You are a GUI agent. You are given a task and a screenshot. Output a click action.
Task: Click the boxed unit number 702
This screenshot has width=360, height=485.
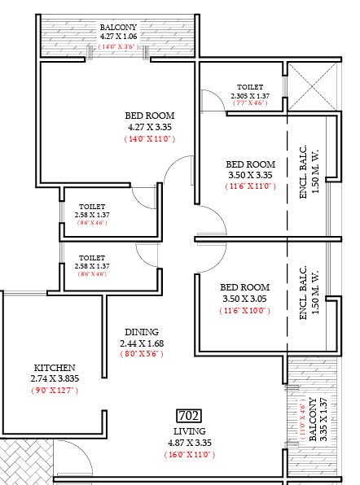click(189, 416)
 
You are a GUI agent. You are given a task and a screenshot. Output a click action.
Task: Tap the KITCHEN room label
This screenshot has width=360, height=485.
click(55, 368)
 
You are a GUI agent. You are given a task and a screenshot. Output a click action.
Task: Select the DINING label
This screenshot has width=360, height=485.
click(142, 332)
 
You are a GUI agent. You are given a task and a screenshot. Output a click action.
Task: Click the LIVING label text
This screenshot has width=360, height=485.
click(190, 431)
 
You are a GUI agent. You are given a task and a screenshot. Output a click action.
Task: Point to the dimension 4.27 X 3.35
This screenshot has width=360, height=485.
click(150, 127)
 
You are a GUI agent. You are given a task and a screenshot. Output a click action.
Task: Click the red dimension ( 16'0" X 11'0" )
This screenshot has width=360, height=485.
click(190, 455)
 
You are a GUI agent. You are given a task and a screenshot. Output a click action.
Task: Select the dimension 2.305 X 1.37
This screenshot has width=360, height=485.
click(250, 96)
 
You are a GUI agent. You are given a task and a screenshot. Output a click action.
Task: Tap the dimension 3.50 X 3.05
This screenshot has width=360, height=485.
click(244, 299)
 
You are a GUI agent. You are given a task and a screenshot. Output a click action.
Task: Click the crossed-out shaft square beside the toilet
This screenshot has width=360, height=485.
click(312, 86)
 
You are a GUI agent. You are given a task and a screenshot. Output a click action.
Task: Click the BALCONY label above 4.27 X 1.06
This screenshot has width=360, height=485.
click(118, 27)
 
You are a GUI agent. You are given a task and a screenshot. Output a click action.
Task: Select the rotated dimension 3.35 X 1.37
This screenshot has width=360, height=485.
click(323, 419)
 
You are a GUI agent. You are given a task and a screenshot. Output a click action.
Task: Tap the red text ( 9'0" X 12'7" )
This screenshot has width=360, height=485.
click(55, 391)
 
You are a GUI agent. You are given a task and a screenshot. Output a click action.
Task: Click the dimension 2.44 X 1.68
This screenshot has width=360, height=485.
click(142, 343)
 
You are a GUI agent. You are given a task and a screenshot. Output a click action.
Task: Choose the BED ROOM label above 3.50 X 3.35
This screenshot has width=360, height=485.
click(250, 164)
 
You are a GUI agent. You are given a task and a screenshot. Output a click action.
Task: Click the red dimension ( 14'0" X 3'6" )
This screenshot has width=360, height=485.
click(118, 46)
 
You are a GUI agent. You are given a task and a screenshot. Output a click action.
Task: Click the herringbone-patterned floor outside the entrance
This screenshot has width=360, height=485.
click(26, 461)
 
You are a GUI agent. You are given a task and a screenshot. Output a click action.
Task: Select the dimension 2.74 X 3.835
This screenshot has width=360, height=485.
click(55, 378)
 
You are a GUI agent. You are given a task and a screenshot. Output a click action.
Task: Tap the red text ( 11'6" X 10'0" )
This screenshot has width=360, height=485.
click(244, 311)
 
